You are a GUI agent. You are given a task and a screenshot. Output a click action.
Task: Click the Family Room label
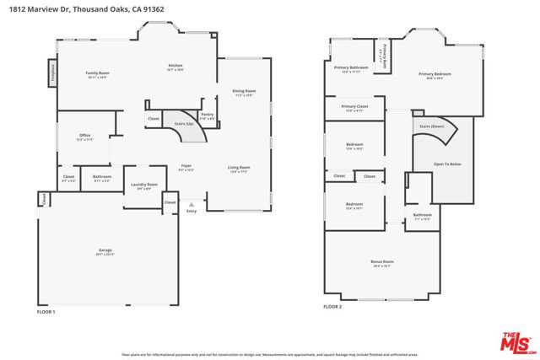click(x=98, y=73)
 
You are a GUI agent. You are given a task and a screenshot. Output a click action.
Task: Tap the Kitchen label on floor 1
click(x=175, y=66)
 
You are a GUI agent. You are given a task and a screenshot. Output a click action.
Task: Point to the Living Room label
click(x=239, y=168)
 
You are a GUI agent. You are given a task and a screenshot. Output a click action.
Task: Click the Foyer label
click(x=186, y=166)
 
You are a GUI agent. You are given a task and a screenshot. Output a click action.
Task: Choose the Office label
click(x=85, y=135)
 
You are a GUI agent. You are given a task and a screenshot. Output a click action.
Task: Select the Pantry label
click(x=207, y=114)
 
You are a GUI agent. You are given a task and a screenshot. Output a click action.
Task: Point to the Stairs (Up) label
click(x=184, y=123)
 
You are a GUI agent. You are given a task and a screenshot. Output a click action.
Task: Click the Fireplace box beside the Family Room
click(x=52, y=70)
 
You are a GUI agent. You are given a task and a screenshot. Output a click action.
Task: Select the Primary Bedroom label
click(x=435, y=74)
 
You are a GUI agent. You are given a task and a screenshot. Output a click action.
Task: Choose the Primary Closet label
click(x=354, y=106)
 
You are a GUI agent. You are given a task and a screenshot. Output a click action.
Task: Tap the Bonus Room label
click(x=382, y=262)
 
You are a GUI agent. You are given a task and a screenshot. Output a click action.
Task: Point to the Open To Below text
click(x=446, y=164)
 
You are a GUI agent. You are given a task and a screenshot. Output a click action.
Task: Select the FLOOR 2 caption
click(x=333, y=306)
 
